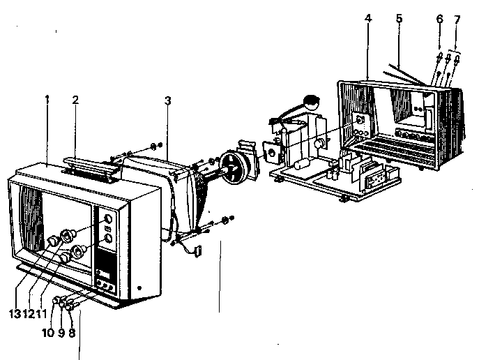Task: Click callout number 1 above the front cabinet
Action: pos(47,100)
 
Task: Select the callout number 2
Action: pos(75,100)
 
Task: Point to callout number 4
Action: pos(367,18)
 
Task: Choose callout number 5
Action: pos(399,18)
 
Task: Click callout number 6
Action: pos(439,19)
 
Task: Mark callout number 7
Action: pos(457,19)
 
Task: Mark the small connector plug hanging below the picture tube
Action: pos(196,248)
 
